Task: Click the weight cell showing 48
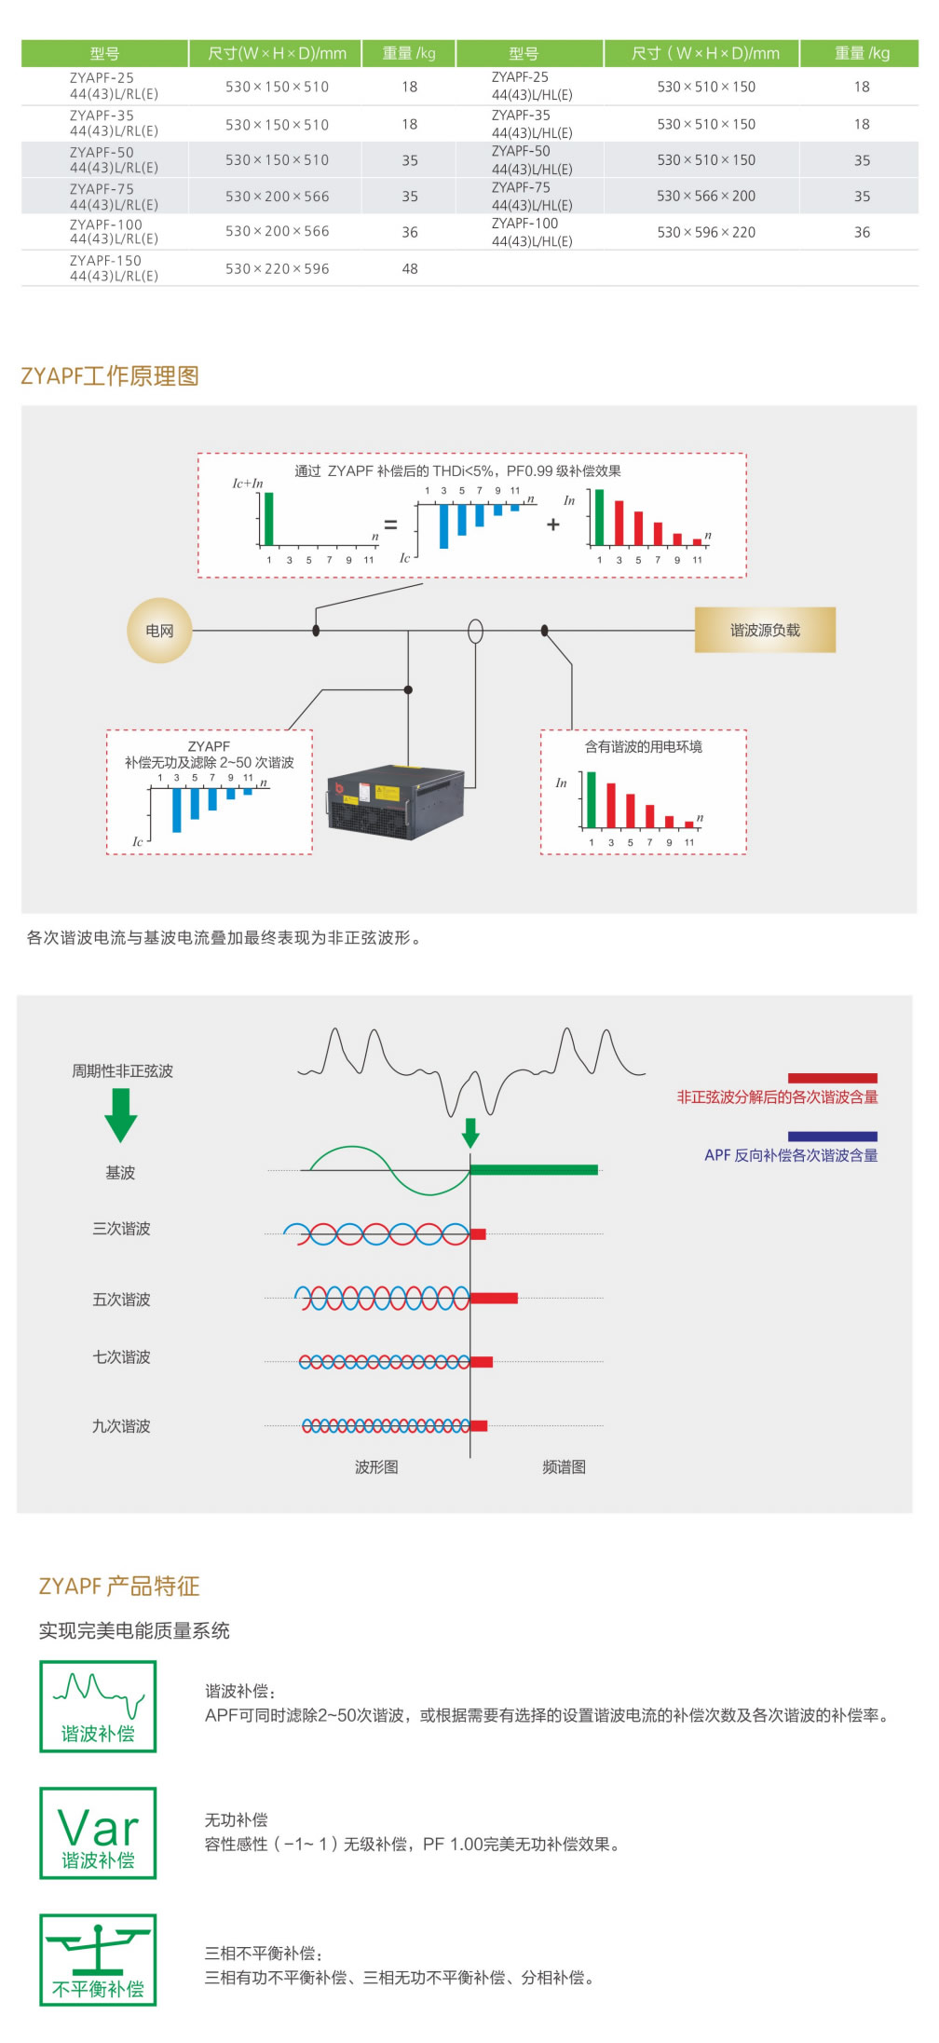point(410,269)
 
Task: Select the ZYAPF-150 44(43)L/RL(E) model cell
point(114,268)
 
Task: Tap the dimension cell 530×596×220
point(706,232)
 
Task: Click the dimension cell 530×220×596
point(277,269)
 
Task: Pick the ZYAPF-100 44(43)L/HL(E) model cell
point(531,232)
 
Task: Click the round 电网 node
point(159,631)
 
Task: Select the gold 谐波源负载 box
point(765,631)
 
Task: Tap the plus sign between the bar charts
point(553,524)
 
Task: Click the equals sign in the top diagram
point(390,525)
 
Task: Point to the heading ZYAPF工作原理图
point(110,376)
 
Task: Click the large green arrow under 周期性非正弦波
point(121,1115)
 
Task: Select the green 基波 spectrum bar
point(534,1170)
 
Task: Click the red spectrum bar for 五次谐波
point(494,1298)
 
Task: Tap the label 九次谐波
point(121,1426)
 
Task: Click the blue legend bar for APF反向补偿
point(832,1137)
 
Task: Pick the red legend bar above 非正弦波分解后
point(832,1078)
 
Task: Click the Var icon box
point(98,1832)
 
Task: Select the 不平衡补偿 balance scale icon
point(98,1959)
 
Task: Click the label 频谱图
point(565,1467)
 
